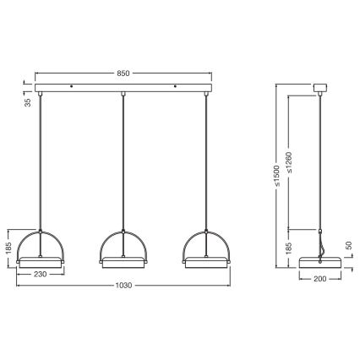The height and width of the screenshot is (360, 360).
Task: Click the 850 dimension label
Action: click(x=123, y=74)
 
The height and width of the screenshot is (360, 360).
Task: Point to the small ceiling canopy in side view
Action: click(x=321, y=86)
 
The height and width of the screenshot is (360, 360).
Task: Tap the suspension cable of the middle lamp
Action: click(x=123, y=161)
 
